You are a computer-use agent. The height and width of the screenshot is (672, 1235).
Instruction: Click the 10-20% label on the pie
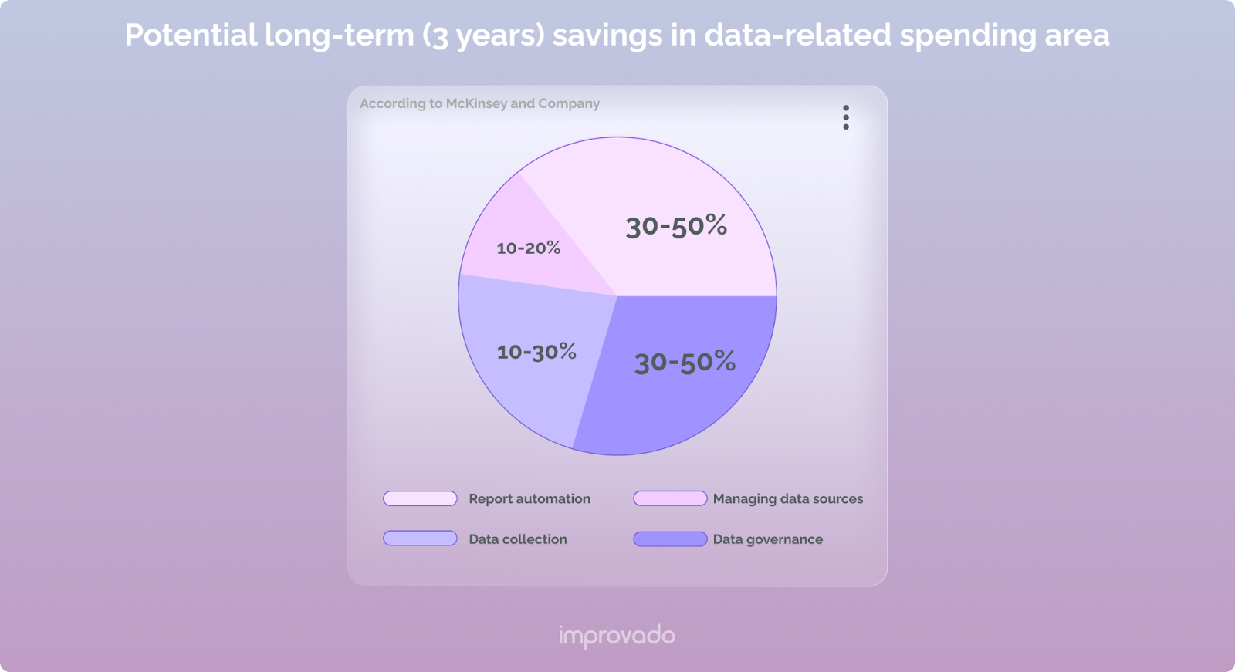click(529, 248)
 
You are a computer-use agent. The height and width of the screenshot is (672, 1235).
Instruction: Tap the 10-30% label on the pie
click(536, 352)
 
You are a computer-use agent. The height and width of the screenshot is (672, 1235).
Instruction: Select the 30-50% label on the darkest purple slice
click(685, 361)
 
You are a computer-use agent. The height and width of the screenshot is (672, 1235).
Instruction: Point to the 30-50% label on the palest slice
click(676, 226)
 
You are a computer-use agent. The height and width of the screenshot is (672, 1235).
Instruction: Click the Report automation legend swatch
click(420, 498)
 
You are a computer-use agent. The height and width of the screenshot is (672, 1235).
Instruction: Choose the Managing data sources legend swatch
click(670, 498)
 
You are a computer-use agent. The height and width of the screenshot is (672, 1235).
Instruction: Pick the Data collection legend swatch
click(420, 539)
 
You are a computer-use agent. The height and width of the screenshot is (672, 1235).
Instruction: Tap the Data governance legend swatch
click(670, 539)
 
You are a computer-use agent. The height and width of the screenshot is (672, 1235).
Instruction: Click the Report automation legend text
click(530, 498)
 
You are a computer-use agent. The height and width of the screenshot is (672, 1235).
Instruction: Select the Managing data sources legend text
click(788, 498)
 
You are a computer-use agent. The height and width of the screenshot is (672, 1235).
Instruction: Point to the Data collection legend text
click(518, 539)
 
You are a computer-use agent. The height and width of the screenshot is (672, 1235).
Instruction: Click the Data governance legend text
click(768, 539)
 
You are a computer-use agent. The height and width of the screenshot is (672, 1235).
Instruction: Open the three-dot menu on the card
click(846, 117)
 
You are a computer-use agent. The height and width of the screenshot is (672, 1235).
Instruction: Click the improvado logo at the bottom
click(617, 637)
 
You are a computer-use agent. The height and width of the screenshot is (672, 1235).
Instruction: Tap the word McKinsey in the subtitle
click(476, 103)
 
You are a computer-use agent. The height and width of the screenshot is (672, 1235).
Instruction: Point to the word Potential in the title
click(191, 35)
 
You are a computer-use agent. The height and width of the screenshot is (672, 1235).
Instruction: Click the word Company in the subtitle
click(569, 103)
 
